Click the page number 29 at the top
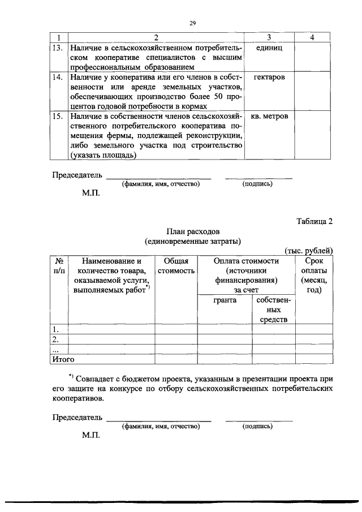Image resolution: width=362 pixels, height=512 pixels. (192, 23)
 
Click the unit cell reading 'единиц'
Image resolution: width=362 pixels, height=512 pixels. (269, 48)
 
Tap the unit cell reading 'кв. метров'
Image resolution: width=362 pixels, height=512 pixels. (269, 116)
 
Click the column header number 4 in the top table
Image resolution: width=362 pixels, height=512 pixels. (313, 37)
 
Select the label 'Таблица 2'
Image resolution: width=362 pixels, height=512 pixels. (314, 222)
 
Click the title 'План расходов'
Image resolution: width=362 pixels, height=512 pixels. (192, 231)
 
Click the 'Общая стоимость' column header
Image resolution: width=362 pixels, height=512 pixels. (176, 266)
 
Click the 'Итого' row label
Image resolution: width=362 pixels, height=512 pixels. (63, 358)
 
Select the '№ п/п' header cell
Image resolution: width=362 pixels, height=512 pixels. (58, 266)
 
